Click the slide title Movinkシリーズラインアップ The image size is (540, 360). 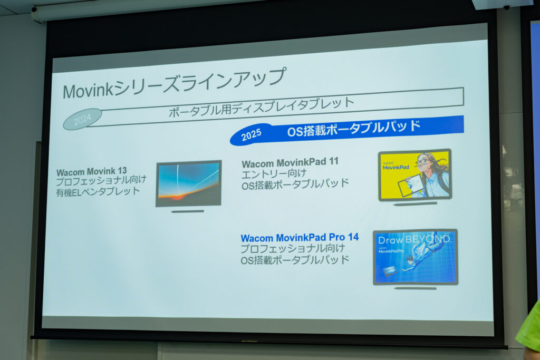pyautogui.click(x=174, y=83)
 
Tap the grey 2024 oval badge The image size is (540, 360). pyautogui.click(x=82, y=119)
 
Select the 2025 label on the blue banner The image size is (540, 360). pyautogui.click(x=251, y=136)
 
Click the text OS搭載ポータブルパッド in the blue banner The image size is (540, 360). pyautogui.click(x=354, y=129)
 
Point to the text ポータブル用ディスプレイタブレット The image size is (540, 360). pyautogui.click(x=262, y=106)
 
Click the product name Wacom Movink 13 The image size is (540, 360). pyautogui.click(x=92, y=171)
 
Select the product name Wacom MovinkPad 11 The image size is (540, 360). pyautogui.click(x=290, y=162)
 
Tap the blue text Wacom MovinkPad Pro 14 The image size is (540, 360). pyautogui.click(x=300, y=237)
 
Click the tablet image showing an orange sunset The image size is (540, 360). pyautogui.click(x=188, y=183)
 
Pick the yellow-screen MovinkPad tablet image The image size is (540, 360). pyautogui.click(x=415, y=175)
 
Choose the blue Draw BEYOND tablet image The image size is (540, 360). pyautogui.click(x=415, y=257)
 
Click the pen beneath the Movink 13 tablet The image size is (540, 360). pyautogui.click(x=187, y=211)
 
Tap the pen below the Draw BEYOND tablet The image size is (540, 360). pyautogui.click(x=415, y=288)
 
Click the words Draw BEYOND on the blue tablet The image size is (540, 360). pyautogui.click(x=414, y=240)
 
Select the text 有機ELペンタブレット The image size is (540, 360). pyautogui.click(x=99, y=191)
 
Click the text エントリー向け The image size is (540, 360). pyautogui.click(x=267, y=173)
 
